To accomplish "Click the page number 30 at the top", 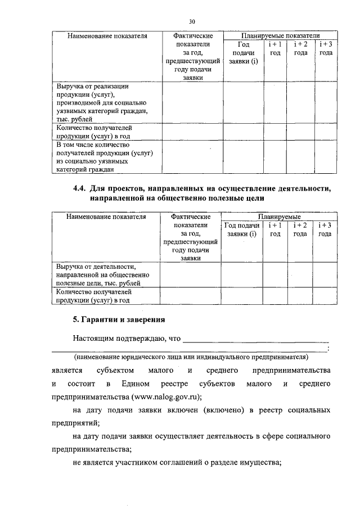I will (191, 21).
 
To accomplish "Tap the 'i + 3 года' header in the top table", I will (326, 48).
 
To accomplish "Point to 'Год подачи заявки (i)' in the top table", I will (244, 52).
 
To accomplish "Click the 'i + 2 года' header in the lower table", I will (300, 229).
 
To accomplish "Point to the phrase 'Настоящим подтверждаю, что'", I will (127, 339).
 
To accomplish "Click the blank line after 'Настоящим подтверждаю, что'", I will (256, 340).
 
